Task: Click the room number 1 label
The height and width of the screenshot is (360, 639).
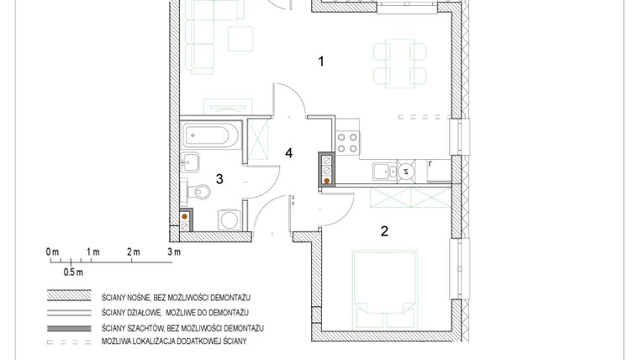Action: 320,61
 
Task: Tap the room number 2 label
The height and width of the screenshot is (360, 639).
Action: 384,232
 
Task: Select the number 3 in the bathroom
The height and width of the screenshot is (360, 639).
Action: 219,178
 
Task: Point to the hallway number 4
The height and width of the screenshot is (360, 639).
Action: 288,153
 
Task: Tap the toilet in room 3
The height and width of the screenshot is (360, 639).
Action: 200,192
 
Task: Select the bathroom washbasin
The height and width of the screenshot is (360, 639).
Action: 190,161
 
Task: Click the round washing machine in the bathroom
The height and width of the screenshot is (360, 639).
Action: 227,220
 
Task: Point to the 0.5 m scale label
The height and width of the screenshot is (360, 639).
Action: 74,273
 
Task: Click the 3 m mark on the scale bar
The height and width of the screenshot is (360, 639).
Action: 174,251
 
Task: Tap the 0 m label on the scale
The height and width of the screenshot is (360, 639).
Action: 52,251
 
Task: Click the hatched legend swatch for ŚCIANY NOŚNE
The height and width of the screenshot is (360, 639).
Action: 68,297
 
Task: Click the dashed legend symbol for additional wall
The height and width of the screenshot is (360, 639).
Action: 68,342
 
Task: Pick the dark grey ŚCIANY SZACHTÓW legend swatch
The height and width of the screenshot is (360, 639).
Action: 68,327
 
